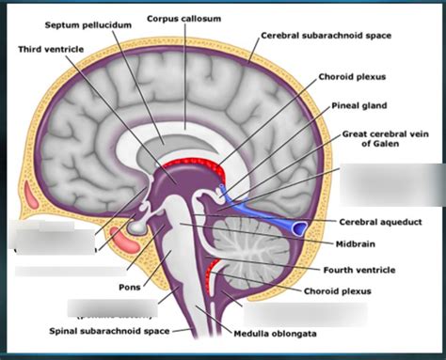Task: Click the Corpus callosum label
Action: tap(183, 18)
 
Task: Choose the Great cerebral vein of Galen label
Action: tap(389, 140)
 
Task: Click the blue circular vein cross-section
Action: tap(300, 227)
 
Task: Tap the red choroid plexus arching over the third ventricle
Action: tap(198, 170)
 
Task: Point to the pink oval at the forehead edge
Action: tap(29, 196)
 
